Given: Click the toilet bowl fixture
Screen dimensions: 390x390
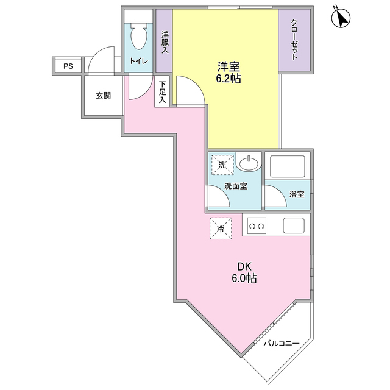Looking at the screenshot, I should tap(140, 36).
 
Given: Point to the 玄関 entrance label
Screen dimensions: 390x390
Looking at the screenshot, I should tap(103, 95).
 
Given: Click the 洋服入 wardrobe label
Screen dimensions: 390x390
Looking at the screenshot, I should tap(164, 42).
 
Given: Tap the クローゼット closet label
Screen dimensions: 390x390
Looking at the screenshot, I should tap(294, 40).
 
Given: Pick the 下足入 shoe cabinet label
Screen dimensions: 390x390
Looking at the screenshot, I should tap(163, 93).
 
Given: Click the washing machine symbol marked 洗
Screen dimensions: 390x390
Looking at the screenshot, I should tap(222, 165).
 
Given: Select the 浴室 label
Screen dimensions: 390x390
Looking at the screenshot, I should tap(297, 195).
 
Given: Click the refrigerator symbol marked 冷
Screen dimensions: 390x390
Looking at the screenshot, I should tap(220, 228).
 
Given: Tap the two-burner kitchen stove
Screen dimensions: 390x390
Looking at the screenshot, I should tap(255, 227).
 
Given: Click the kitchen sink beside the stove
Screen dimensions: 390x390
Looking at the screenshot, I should tap(294, 227).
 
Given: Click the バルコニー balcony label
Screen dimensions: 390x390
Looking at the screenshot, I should tap(281, 343).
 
